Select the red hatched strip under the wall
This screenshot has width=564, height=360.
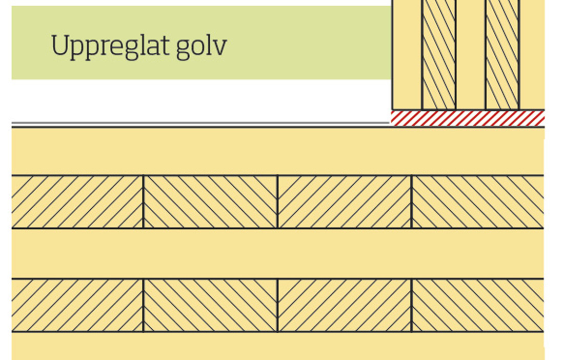pyautogui.click(x=467, y=118)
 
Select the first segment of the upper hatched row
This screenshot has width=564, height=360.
pyautogui.click(x=77, y=202)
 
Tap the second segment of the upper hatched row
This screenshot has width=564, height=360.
pyautogui.click(x=210, y=202)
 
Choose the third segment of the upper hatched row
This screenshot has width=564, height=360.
pyautogui.click(x=344, y=202)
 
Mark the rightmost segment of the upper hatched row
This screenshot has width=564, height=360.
pyautogui.click(x=477, y=202)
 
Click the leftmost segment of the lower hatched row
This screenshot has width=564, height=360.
pyautogui.click(x=77, y=305)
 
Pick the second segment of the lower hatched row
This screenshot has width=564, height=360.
pyautogui.click(x=210, y=305)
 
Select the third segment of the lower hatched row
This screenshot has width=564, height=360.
pyautogui.click(x=344, y=305)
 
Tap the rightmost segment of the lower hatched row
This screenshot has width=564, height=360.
pyautogui.click(x=477, y=305)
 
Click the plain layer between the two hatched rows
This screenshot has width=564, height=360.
pyautogui.click(x=277, y=253)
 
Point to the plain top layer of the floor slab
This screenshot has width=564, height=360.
pyautogui.click(x=277, y=151)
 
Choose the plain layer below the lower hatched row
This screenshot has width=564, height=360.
pyautogui.click(x=277, y=346)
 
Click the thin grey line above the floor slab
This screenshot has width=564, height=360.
pyautogui.click(x=200, y=124)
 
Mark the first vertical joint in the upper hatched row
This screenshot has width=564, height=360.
pyautogui.click(x=143, y=202)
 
